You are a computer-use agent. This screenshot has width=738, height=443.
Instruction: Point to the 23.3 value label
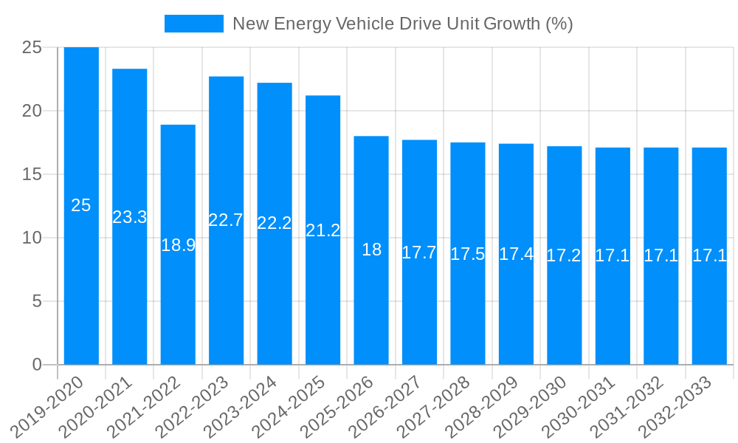tap(130, 217)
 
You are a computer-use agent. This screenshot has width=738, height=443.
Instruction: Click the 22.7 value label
tap(226, 220)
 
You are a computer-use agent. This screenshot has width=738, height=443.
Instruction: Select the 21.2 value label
tap(323, 230)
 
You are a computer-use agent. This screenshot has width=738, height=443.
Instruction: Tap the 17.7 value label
tap(419, 253)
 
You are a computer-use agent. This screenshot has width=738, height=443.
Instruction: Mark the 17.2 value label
tap(564, 255)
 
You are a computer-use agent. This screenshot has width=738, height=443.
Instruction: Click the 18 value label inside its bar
tap(371, 250)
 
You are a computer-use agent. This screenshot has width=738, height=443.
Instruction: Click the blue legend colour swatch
tap(193, 24)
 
